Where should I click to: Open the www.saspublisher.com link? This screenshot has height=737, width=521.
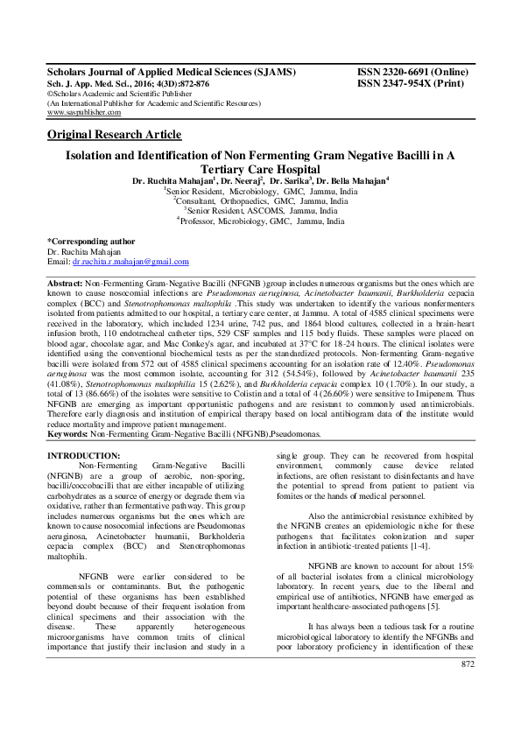pyautogui.click(x=84, y=113)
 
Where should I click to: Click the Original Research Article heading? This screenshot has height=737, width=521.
pyautogui.click(x=114, y=134)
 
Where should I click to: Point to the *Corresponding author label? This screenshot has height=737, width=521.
pyautogui.click(x=90, y=240)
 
